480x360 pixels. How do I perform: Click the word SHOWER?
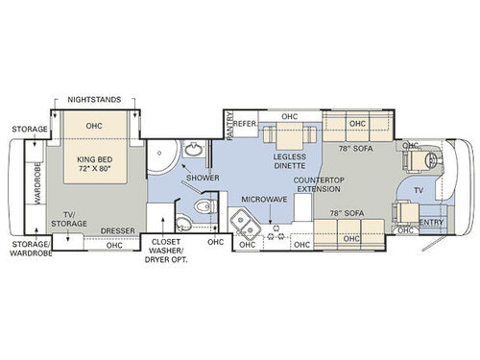203,178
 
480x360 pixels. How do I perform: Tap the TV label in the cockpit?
417,190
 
